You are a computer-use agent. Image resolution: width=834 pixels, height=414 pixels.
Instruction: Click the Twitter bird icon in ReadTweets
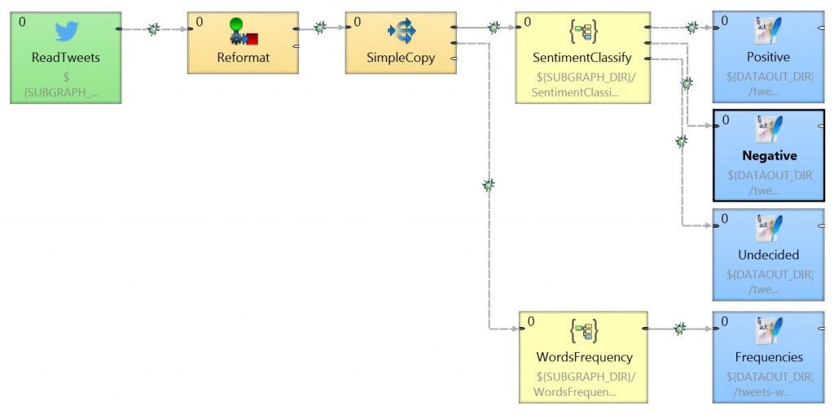66,32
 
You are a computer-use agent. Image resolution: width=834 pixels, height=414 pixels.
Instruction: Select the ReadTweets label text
65,58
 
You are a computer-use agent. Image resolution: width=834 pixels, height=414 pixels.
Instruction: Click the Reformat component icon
243,32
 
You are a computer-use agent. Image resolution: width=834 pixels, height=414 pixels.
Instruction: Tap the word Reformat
243,58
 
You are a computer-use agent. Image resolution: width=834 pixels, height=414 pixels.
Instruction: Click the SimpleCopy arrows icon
402,32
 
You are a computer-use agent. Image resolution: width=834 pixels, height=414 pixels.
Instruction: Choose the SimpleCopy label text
401,58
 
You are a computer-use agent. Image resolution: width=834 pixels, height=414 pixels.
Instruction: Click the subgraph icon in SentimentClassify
583,32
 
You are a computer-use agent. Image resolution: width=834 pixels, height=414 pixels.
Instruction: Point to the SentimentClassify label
582,58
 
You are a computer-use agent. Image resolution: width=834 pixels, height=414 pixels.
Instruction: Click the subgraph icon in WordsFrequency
583,331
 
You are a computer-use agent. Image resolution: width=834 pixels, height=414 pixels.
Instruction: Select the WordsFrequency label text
584,357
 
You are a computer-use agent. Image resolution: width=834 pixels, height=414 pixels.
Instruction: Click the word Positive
768,58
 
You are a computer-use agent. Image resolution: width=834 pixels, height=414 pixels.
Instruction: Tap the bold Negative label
769,155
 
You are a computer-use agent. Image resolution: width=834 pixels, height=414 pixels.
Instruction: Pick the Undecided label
768,255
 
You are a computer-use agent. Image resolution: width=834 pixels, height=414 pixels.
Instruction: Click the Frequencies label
768,357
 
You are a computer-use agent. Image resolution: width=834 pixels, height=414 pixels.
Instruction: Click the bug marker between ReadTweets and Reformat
153,29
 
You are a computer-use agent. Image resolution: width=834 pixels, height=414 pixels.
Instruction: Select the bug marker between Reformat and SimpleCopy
320,28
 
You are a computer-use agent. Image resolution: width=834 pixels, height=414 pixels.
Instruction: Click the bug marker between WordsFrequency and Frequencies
679,329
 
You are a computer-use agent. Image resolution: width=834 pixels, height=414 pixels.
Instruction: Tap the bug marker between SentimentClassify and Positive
691,28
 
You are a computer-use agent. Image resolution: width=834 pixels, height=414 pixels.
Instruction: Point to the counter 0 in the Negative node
725,120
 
